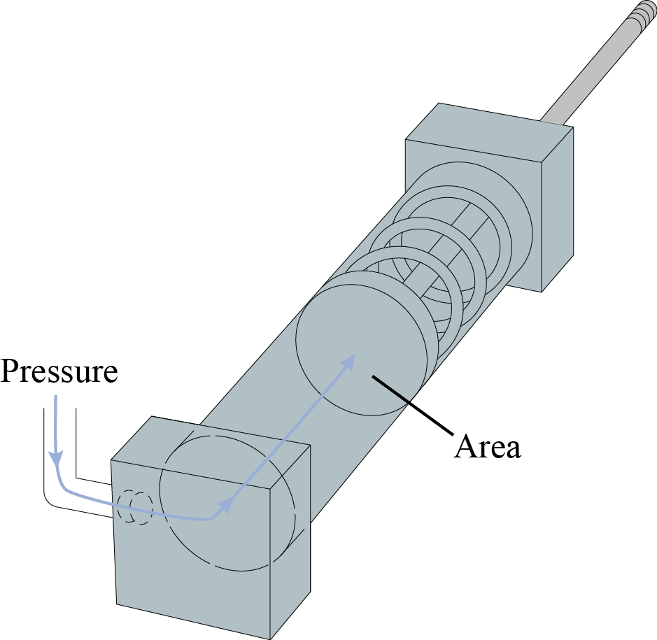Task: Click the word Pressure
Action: click(x=59, y=371)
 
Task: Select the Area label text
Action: click(x=488, y=447)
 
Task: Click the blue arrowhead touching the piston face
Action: click(x=351, y=360)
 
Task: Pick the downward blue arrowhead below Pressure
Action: click(x=55, y=458)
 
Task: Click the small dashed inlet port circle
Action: click(x=135, y=508)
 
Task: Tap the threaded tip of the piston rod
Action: click(x=643, y=12)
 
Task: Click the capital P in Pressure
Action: click(x=9, y=371)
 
